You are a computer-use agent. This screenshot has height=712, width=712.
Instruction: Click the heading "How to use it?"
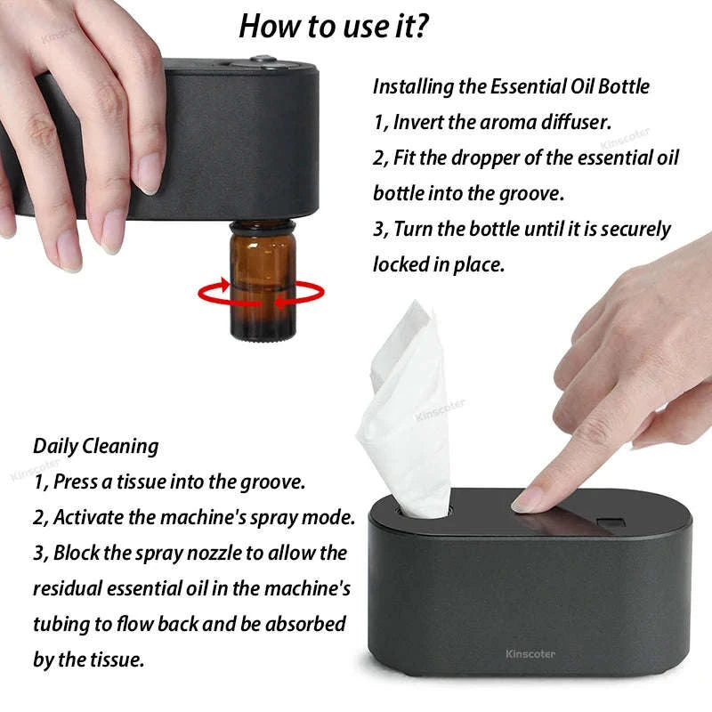click(x=334, y=27)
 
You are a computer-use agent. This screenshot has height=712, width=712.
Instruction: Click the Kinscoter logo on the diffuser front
click(x=530, y=654)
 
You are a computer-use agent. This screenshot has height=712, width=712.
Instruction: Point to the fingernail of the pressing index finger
click(x=528, y=502)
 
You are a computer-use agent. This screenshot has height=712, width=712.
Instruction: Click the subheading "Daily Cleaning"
click(x=96, y=446)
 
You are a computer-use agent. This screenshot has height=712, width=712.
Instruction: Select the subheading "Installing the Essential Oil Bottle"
click(x=511, y=87)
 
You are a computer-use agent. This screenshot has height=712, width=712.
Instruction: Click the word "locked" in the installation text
click(x=400, y=264)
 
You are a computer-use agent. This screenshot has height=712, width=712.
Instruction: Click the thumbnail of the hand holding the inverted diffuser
click(x=71, y=125)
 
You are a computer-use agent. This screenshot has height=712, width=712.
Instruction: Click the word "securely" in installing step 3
click(x=635, y=229)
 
